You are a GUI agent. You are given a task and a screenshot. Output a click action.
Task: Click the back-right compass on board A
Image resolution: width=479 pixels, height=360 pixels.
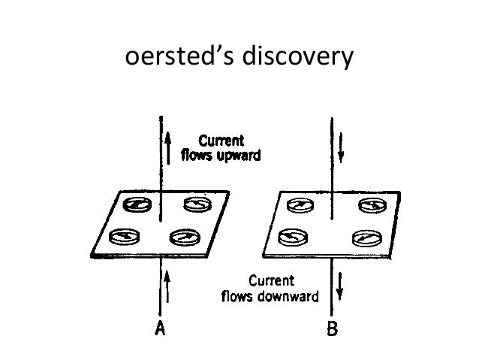(198, 204)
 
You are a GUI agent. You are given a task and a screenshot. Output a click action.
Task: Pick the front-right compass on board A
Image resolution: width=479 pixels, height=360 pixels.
(185, 237)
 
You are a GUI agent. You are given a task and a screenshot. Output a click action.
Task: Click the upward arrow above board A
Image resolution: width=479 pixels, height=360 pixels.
(169, 143)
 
